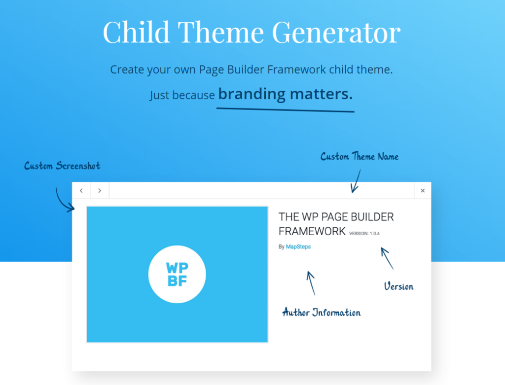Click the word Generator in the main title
pyautogui.click(x=336, y=33)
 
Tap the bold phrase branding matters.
pyautogui.click(x=286, y=94)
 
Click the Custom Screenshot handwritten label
pyautogui.click(x=62, y=166)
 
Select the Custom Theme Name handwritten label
pyautogui.click(x=360, y=157)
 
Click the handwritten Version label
pyautogui.click(x=398, y=286)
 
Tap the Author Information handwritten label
pyautogui.click(x=321, y=313)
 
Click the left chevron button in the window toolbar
pyautogui.click(x=81, y=191)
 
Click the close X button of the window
pyautogui.click(x=423, y=191)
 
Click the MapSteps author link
pyautogui.click(x=298, y=246)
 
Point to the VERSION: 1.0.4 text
pyautogui.click(x=364, y=234)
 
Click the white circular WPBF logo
pyautogui.click(x=177, y=274)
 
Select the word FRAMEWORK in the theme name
pyautogui.click(x=312, y=231)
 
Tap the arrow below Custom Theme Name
pyautogui.click(x=356, y=181)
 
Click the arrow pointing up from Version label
pyautogui.click(x=387, y=258)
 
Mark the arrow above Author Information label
pyautogui.click(x=311, y=282)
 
